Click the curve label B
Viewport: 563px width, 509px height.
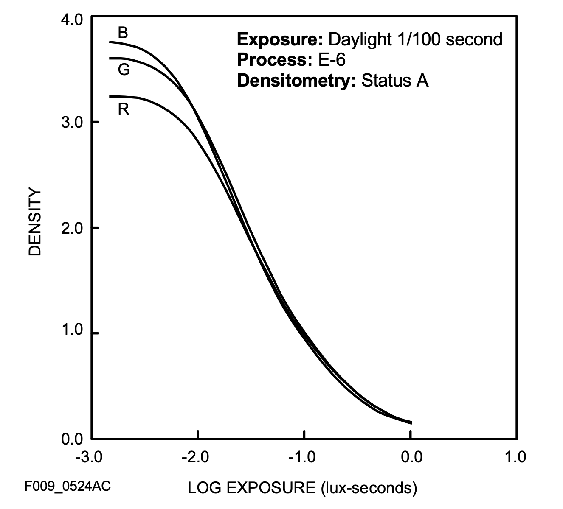(123, 33)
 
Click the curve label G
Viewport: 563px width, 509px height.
(124, 70)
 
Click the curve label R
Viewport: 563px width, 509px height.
(123, 109)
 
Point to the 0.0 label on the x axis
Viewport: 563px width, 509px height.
(411, 458)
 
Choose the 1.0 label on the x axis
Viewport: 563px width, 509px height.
(515, 458)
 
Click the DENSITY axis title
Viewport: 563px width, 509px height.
(35, 222)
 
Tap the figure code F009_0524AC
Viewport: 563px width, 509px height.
(68, 486)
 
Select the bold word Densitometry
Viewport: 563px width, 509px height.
(296, 80)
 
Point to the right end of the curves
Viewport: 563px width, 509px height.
(411, 422)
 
